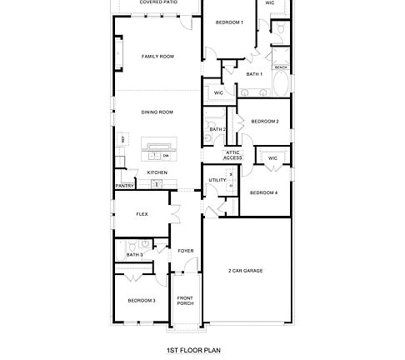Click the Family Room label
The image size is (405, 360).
[x=157, y=57]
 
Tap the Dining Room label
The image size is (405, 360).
[x=157, y=112]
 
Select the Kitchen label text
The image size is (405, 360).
[x=157, y=172]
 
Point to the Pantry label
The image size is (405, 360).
[x=125, y=186]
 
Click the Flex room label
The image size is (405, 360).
[x=142, y=214]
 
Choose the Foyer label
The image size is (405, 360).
[x=185, y=250]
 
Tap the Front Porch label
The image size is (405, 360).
[x=185, y=300]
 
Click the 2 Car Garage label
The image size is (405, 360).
[x=247, y=271]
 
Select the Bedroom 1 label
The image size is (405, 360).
[x=230, y=22]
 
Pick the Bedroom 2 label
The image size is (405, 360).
[x=265, y=122]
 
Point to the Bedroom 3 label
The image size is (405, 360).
[x=142, y=300]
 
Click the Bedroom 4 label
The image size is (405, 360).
[x=264, y=192]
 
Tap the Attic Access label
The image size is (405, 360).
[x=233, y=155]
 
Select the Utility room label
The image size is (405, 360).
[x=217, y=179]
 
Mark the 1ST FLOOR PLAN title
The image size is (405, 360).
[x=192, y=351]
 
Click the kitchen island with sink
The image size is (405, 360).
[x=155, y=150]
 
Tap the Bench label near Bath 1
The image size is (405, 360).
[x=281, y=67]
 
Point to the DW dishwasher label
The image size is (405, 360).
[x=166, y=156]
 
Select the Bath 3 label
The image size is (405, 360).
[x=134, y=254]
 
